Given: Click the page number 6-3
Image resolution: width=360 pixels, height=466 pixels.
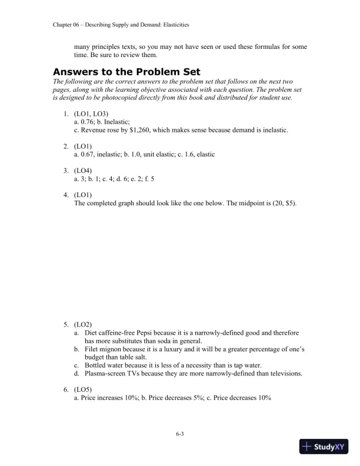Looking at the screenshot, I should (x=180, y=434).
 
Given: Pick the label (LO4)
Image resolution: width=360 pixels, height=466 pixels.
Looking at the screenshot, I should (x=84, y=169).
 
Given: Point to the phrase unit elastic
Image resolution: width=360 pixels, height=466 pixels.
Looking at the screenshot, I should (x=164, y=154).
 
